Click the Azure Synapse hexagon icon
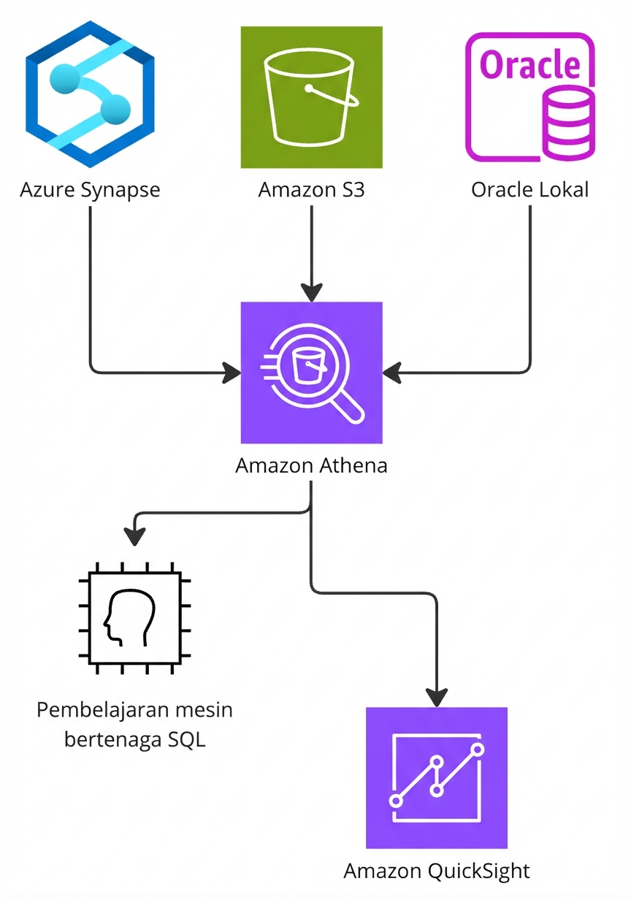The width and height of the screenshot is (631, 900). (90, 94)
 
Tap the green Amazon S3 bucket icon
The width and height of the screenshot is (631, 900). (312, 97)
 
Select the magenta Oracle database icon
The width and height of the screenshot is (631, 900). (529, 97)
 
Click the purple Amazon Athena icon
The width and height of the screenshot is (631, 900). (312, 373)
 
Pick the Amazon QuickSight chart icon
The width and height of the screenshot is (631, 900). (437, 778)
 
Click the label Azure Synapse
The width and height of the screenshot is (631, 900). (90, 190)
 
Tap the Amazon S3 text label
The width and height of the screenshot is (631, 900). (312, 190)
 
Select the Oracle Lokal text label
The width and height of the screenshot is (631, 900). (529, 190)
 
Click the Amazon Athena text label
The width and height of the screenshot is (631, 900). (312, 465)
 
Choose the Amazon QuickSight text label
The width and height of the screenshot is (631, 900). (437, 871)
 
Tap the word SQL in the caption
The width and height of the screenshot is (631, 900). (186, 739)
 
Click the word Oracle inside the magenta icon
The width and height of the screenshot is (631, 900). (529, 64)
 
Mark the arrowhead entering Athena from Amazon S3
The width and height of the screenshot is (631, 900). (312, 293)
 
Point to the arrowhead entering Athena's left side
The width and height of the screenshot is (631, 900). (232, 373)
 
